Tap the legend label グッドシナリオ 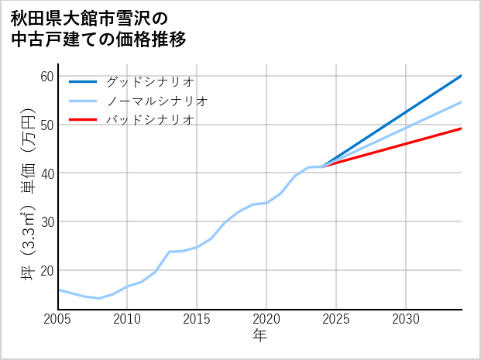(149, 81)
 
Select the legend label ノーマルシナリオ (156, 101)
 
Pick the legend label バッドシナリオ (149, 120)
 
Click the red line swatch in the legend (83, 120)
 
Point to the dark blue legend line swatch (83, 81)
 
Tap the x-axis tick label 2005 (57, 319)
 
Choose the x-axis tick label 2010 (127, 319)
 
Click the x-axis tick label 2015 (197, 319)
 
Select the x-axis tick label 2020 (266, 319)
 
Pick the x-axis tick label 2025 (336, 319)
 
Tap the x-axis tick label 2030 (406, 319)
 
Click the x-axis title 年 (260, 336)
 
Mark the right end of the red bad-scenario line (462, 129)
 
